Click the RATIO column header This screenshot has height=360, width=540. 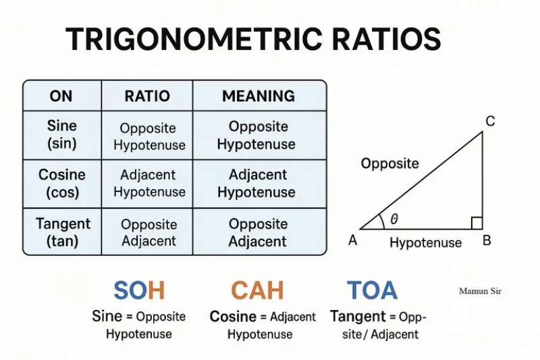coord(147,96)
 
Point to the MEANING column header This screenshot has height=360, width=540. coord(259,96)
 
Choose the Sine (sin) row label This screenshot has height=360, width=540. coord(62,134)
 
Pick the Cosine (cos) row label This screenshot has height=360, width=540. coord(62,184)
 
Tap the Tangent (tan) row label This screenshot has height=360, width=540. coord(63,232)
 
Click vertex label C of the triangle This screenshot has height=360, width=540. coord(491,122)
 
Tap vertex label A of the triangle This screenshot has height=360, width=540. coord(352,240)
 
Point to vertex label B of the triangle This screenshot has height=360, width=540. coord(487,240)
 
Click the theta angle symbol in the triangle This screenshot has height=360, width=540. coord(394,219)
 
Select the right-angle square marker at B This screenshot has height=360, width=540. coord(477,224)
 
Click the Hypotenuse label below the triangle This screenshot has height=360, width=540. coord(426,243)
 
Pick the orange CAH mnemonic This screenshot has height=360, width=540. coord(257,290)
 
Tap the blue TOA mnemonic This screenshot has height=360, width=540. coord(373,290)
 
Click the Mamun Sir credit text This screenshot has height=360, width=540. coord(480,291)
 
